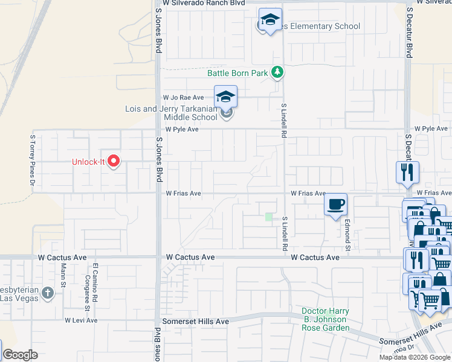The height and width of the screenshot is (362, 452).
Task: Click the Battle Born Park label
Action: coord(237,73)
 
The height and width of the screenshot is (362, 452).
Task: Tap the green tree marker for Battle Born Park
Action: coord(277,72)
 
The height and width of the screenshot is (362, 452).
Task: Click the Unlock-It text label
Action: coord(88,162)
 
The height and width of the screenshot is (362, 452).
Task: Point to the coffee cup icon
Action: coord(335,204)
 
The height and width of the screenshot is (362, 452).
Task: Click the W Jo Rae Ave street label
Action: coord(183,97)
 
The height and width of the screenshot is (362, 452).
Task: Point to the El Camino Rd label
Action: coord(95,284)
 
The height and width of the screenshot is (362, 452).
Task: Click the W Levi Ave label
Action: coord(81,320)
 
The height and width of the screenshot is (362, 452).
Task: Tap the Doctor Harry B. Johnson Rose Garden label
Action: coord(325,319)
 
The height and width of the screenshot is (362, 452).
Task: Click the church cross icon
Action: coord(48,294)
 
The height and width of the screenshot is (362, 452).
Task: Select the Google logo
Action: coord(20,355)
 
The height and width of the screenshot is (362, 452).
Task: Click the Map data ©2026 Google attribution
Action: coord(415,357)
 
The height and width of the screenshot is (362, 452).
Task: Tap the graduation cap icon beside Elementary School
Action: coord(270,21)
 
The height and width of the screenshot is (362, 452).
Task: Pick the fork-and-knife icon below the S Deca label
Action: coord(407,173)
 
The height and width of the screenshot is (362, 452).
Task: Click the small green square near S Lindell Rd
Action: coord(269,217)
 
